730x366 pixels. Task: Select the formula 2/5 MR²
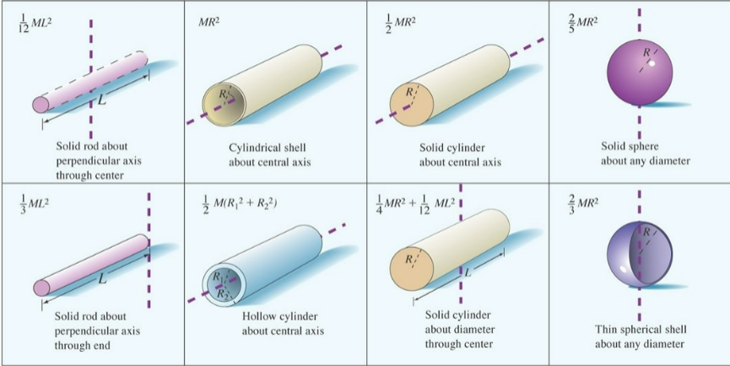(x=581, y=18)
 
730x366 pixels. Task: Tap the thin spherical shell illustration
(x=639, y=250)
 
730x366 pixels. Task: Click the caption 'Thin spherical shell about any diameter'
(x=639, y=336)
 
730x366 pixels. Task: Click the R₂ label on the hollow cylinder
(x=222, y=294)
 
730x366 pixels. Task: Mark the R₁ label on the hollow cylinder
(x=219, y=274)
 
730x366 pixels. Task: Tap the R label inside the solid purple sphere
(x=646, y=52)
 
